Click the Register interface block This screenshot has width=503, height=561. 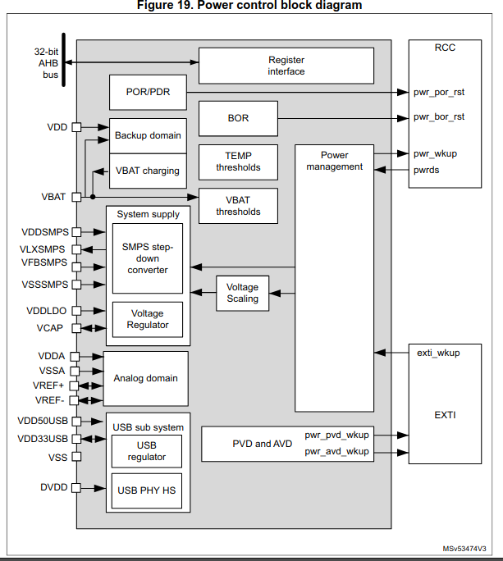pyautogui.click(x=286, y=66)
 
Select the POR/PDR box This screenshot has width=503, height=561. pyautogui.click(x=147, y=92)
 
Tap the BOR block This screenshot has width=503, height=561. pyautogui.click(x=238, y=118)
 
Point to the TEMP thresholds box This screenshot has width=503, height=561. pyautogui.click(x=238, y=162)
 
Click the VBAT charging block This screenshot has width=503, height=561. pyautogui.click(x=147, y=171)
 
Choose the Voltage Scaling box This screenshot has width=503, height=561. pyautogui.click(x=242, y=293)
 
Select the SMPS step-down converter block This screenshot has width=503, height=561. pyautogui.click(x=148, y=258)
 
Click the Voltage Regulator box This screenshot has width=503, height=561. pyautogui.click(x=148, y=319)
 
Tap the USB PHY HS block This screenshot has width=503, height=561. pyautogui.click(x=148, y=490)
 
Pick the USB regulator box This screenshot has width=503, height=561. pyautogui.click(x=147, y=450)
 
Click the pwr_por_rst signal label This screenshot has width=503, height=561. pyautogui.click(x=439, y=93)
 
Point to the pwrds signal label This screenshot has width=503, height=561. pyautogui.click(x=426, y=171)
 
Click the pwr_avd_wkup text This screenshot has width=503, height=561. pyautogui.click(x=336, y=451)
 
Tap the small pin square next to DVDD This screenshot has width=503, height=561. pyautogui.click(x=76, y=487)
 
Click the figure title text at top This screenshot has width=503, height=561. pyautogui.click(x=251, y=6)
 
